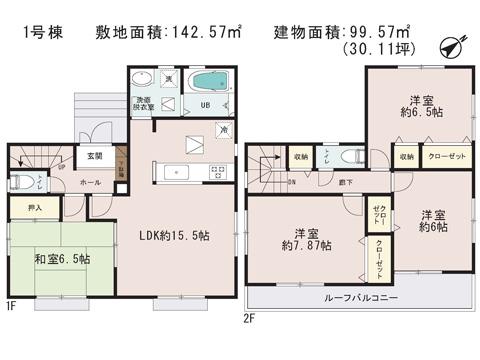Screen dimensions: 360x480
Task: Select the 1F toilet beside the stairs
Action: click(26, 181)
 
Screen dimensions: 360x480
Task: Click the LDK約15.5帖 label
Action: click(174, 237)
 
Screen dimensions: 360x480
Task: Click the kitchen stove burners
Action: click(216, 172)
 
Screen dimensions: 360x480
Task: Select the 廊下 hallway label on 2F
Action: click(344, 183)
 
